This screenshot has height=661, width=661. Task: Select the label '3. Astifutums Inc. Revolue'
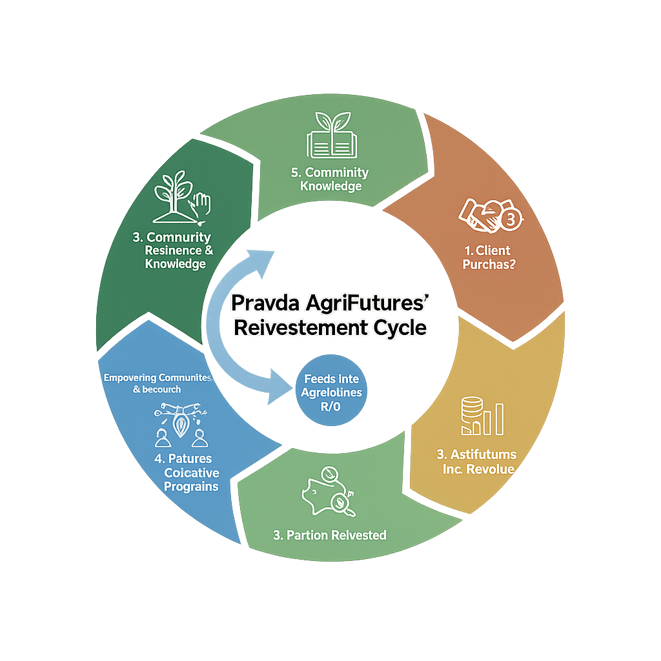pos(477,462)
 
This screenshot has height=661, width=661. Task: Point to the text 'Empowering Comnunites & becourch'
pos(159,383)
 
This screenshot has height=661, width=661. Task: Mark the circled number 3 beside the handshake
pos(510,219)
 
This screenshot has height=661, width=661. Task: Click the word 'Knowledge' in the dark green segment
pos(176,264)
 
